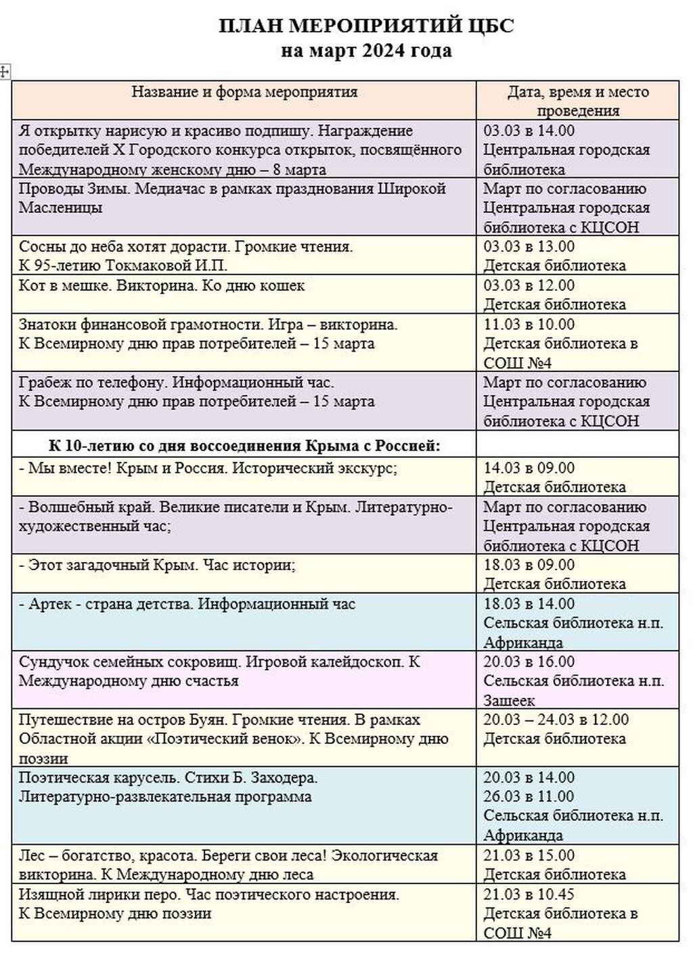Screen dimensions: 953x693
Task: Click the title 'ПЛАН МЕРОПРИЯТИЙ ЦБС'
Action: tap(366, 26)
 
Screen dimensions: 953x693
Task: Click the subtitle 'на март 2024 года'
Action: tap(366, 51)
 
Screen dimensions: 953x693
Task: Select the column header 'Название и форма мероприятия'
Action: tap(244, 92)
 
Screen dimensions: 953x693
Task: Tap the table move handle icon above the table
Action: tap(5, 72)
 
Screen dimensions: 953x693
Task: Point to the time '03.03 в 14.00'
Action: tap(529, 131)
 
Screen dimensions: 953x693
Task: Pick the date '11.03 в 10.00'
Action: tap(529, 325)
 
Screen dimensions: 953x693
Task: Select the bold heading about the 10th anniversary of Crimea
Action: tap(244, 446)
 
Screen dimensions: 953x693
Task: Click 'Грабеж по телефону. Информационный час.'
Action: tap(176, 383)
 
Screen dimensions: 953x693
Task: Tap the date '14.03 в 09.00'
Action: tap(529, 468)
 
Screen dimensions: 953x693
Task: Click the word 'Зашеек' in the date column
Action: tap(509, 700)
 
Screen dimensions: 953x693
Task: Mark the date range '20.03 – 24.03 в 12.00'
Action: tap(556, 720)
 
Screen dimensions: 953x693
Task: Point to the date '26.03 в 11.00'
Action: tap(529, 797)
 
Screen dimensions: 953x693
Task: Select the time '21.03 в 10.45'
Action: tap(529, 894)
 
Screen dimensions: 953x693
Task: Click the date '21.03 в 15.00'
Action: tap(529, 856)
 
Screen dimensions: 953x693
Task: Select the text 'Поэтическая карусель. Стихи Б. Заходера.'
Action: tap(168, 778)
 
